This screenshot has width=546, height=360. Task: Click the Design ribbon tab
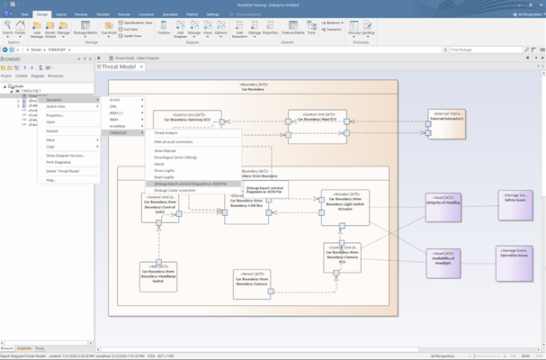[42, 14]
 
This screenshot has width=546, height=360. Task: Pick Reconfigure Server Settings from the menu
[175, 157]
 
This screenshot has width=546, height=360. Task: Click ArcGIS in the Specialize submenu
[115, 100]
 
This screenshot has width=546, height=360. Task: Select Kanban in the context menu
[53, 130]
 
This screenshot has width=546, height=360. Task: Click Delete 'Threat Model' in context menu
[63, 171]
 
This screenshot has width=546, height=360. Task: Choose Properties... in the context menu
[56, 115]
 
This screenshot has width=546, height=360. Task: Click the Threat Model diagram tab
[122, 67]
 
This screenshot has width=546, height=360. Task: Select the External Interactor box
[447, 123]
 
